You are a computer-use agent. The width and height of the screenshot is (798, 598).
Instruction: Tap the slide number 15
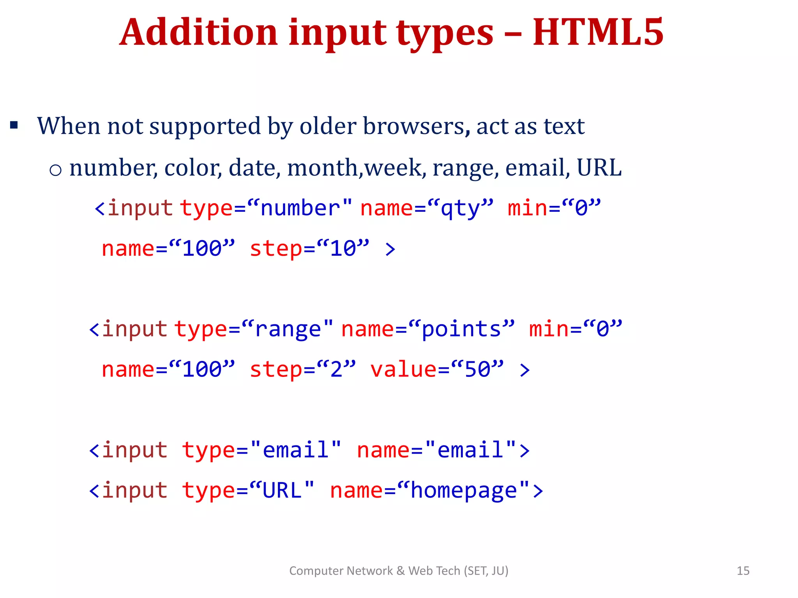coord(743,571)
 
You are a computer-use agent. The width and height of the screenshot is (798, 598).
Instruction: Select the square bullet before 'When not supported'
coord(14,125)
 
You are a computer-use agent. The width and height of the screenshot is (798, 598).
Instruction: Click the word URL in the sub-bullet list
coord(599,168)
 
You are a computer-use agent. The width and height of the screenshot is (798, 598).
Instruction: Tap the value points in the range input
coord(462,329)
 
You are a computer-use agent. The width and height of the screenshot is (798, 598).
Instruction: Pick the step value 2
coord(336,369)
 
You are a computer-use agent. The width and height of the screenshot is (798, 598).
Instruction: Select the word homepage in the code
coord(464,491)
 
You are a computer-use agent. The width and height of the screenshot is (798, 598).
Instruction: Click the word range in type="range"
coord(288,329)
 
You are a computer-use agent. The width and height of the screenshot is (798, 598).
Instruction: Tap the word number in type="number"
coord(300,208)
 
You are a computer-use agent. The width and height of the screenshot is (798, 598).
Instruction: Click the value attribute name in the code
coord(404,369)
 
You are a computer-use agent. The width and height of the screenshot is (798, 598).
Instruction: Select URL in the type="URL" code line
coord(282,491)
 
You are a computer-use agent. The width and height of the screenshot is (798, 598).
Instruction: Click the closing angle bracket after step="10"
coord(390,249)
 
